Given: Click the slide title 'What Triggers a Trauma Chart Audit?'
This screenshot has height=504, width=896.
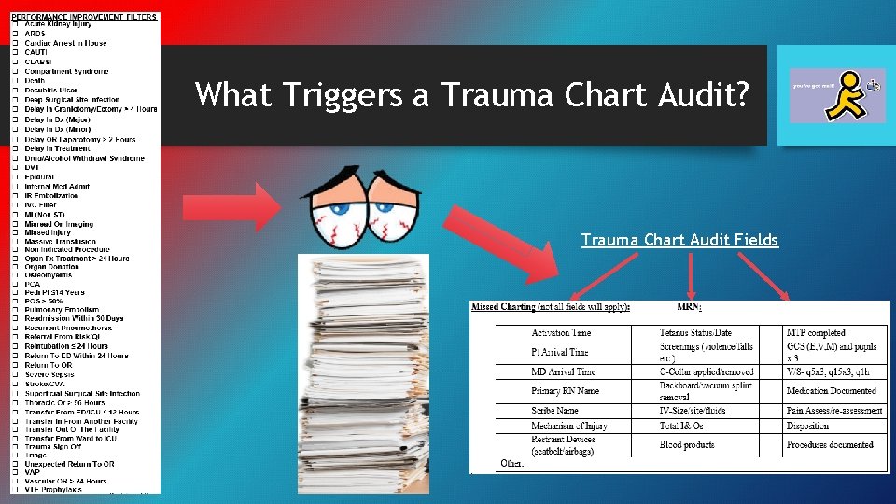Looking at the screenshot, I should (471, 95).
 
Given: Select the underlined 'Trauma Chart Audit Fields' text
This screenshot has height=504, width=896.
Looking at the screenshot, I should (679, 240).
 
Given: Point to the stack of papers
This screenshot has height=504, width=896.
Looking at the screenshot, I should (364, 373).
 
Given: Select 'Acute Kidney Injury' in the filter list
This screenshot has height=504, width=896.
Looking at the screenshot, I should (66, 24).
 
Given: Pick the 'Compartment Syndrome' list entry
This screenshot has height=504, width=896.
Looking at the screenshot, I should (66, 71).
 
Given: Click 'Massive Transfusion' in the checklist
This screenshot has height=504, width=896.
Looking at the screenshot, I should (66, 241).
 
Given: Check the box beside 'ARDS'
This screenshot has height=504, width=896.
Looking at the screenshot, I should (15, 34).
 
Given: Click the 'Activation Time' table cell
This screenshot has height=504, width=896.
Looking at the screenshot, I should (561, 333).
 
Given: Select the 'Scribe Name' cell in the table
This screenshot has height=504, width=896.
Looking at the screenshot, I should (555, 411).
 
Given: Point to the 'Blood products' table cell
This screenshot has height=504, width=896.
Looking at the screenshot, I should (687, 445).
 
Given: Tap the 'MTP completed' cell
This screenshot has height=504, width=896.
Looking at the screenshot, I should (816, 333).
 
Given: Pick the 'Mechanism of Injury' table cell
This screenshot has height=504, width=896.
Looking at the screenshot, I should (569, 426).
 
